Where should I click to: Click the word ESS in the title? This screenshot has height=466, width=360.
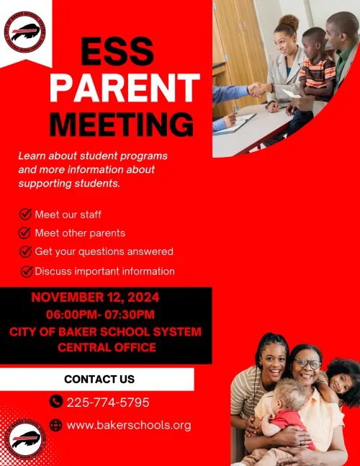117,52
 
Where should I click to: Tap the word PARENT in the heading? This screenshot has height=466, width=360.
124,89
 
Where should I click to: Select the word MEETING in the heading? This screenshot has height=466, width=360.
122,123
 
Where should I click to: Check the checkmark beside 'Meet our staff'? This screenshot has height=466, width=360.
25,214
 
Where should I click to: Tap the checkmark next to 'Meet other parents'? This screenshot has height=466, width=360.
25,233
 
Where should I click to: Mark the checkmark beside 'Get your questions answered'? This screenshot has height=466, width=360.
25,252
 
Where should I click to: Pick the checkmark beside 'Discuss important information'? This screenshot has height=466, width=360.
27,272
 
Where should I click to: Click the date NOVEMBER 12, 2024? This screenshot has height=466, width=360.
96,297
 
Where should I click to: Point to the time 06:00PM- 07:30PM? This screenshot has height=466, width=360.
100,315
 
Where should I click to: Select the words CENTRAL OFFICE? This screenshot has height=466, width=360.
107,347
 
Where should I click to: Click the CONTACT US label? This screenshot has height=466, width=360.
99,379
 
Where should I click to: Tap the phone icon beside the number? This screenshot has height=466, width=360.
56,402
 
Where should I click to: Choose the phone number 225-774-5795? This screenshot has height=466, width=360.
108,402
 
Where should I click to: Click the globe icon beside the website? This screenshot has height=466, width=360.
56,425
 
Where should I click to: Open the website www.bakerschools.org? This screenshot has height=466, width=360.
129,425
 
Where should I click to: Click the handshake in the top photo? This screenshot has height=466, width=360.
258,89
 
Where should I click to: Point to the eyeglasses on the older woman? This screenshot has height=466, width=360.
307,364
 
